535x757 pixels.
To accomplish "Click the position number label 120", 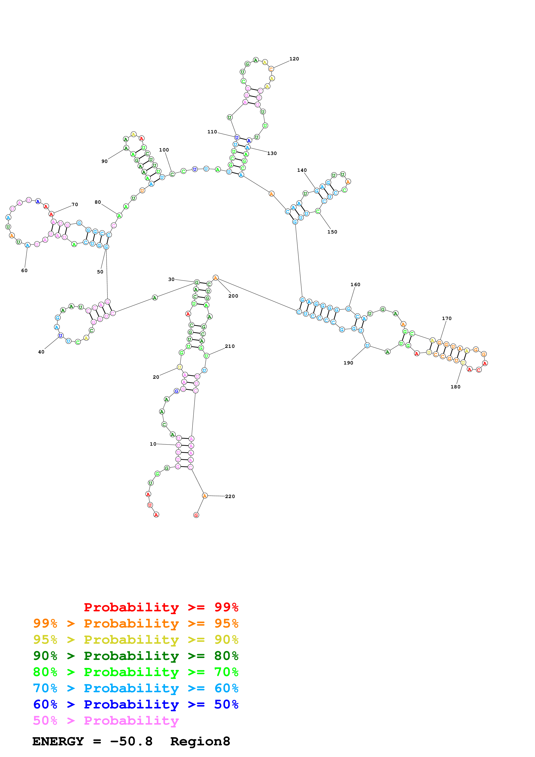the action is [294, 59].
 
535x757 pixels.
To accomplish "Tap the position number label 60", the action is [24, 271].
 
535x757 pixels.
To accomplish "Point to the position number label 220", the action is [230, 497].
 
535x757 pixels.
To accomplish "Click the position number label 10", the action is [153, 444].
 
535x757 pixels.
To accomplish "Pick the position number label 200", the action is [233, 296].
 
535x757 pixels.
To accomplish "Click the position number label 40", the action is [41, 352].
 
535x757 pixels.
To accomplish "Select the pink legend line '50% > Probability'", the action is [106, 721].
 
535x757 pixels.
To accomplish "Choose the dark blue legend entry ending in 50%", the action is [136, 705].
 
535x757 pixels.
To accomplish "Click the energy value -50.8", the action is [131, 741].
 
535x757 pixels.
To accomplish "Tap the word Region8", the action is [200, 741].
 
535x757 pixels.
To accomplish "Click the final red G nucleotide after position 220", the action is [196, 515].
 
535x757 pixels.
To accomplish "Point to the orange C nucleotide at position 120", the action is [271, 69].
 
